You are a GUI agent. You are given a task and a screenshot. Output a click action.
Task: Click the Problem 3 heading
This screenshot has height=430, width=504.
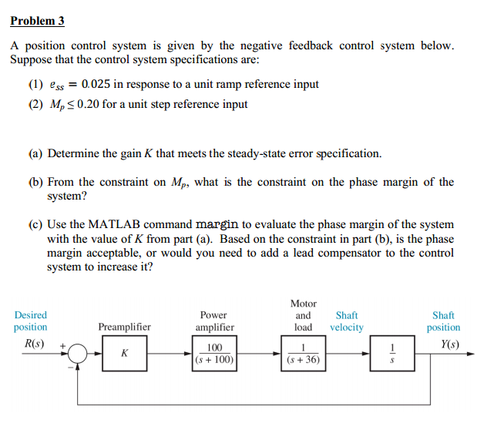(37, 22)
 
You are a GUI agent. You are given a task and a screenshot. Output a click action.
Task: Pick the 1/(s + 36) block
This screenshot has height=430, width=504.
(304, 354)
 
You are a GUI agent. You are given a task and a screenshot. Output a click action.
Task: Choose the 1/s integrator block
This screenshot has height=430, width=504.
(395, 354)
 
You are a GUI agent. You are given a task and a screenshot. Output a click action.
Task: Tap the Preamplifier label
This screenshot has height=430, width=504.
(124, 327)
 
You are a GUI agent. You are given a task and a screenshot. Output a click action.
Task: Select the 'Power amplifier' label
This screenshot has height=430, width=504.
(213, 321)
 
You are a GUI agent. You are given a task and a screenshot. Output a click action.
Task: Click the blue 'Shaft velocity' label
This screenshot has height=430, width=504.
(347, 321)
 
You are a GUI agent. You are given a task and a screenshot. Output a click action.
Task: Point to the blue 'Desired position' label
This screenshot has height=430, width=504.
(31, 321)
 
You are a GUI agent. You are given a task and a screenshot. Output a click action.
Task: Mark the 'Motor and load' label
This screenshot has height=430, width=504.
(304, 315)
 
